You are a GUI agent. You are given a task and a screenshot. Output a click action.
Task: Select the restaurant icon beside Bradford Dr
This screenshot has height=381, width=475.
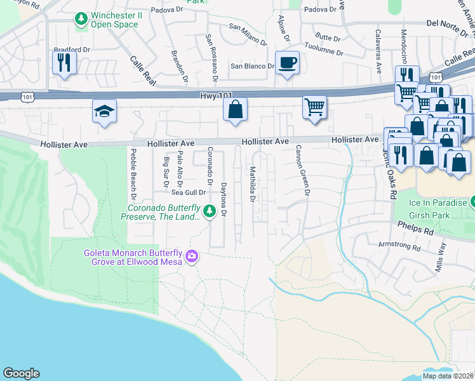coord(64,62)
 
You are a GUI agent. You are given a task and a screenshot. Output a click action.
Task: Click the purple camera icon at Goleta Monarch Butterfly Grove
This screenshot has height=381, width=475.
coord(192,257)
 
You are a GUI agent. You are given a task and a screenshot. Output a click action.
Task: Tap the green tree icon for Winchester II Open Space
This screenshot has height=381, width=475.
coord(81,20)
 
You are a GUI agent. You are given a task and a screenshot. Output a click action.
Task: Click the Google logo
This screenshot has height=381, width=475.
coord(21,373)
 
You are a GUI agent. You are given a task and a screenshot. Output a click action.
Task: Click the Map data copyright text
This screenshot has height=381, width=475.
coord(448,376)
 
